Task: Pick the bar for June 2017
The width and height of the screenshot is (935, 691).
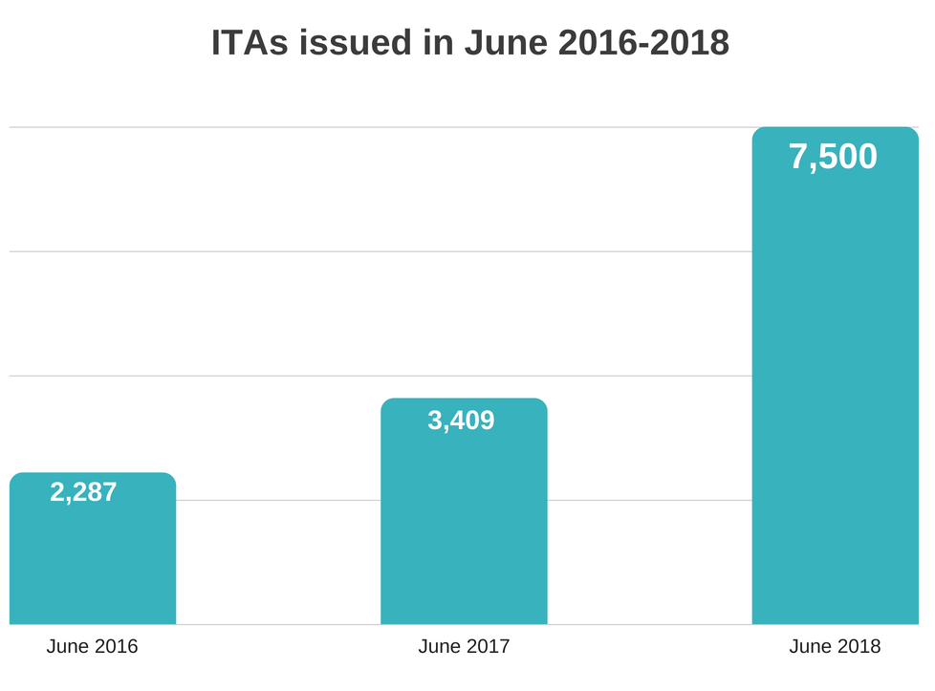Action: coord(464,526)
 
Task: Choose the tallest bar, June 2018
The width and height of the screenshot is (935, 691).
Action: coord(835,382)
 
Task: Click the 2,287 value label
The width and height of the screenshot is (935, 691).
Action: coord(83,492)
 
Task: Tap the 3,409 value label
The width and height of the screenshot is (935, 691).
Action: coord(461,420)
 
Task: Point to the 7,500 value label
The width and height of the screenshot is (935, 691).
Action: coord(833,157)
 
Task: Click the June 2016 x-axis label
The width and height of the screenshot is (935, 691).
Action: coord(92,647)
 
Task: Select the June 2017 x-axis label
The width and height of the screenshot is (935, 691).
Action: coord(464,647)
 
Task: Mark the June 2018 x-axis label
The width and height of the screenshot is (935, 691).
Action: coord(835,647)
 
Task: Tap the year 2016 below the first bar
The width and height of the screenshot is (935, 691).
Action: coord(115,647)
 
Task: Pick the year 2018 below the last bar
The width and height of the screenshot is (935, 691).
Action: coord(858,647)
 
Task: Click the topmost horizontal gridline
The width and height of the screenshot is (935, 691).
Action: coord(382,127)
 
